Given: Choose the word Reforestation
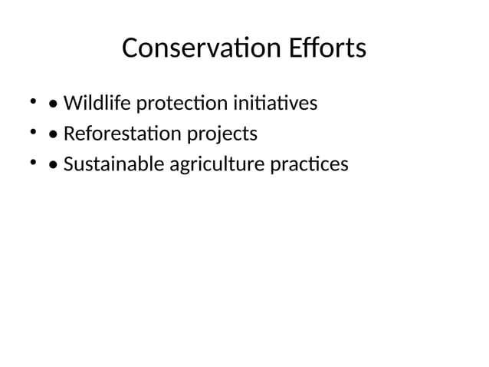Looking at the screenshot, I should coord(117,134).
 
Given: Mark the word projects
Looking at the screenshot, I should coord(217,135).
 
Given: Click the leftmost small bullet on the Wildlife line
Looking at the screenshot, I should coord(33,101).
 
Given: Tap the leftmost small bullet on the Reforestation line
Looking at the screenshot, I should coord(33,132).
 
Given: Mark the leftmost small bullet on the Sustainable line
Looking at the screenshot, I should coord(33,163).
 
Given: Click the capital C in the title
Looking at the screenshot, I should coord(130,48).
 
